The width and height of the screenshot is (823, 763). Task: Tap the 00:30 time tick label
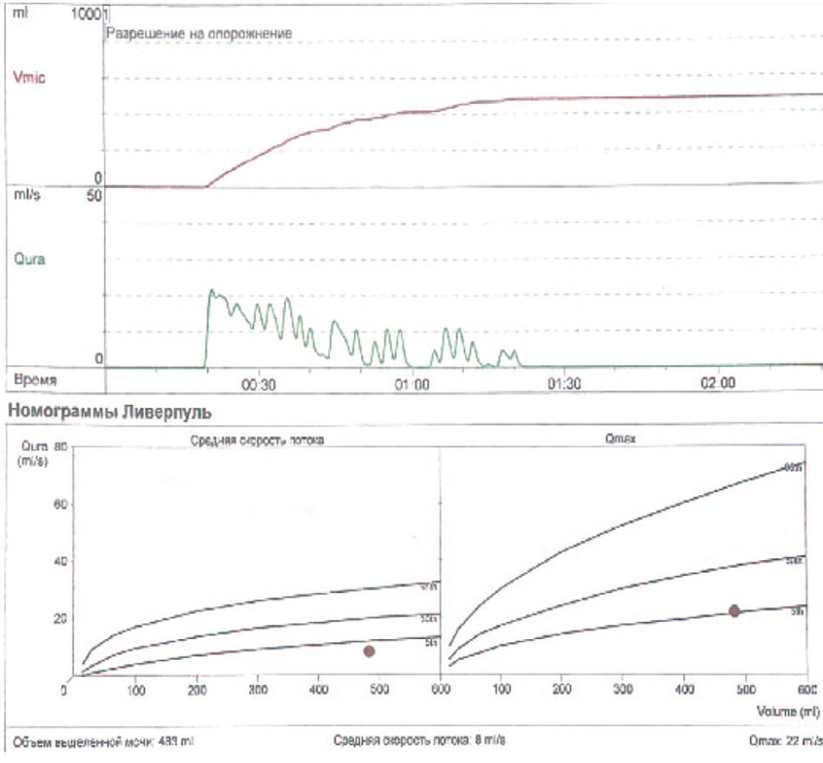coord(258,382)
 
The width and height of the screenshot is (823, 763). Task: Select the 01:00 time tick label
coord(411,382)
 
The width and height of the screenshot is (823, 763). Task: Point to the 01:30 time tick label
coord(565,382)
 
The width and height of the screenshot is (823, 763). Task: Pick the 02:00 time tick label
coord(718,382)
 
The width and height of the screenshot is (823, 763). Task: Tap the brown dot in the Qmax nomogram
coord(735,610)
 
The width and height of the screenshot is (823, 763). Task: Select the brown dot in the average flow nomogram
coord(370,650)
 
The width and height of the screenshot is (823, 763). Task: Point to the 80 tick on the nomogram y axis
coord(61,447)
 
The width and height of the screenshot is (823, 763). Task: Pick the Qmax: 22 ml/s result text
coord(786,742)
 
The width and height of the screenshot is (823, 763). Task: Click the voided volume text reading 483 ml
coord(103,742)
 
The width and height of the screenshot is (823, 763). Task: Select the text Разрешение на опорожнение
coord(198,32)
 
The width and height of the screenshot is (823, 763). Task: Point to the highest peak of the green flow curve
coord(211,291)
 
